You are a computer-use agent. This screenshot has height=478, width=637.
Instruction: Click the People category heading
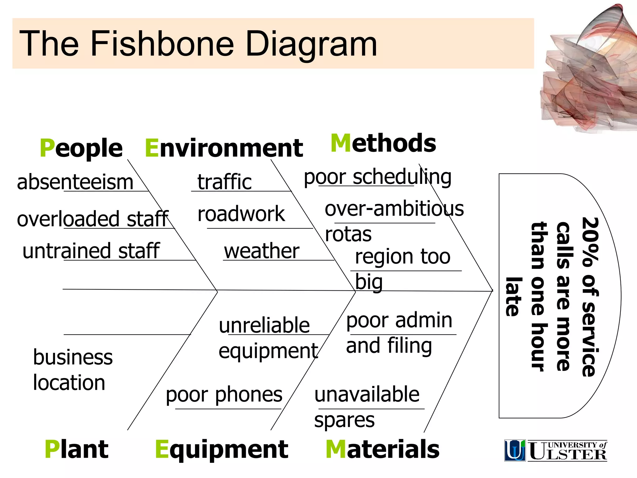(x=81, y=148)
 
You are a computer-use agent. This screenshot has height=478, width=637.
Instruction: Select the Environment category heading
(x=224, y=148)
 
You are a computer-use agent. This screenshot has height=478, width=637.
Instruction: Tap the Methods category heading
(x=383, y=143)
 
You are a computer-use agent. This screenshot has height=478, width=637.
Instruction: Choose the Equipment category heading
(x=221, y=450)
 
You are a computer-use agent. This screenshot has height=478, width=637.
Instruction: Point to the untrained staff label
(x=91, y=251)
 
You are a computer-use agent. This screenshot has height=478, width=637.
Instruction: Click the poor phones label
(x=224, y=395)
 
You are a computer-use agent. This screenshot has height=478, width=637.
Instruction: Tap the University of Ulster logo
(x=556, y=450)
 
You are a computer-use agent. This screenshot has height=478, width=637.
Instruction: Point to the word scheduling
(x=402, y=177)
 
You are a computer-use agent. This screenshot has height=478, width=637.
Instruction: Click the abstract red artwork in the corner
(x=588, y=72)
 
